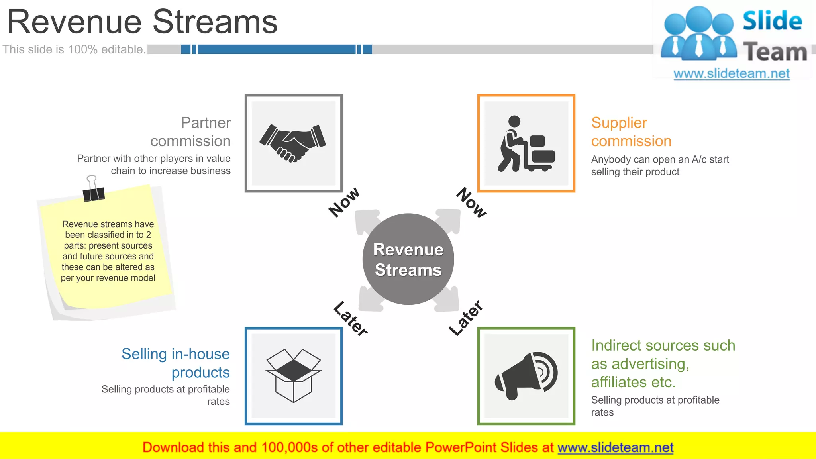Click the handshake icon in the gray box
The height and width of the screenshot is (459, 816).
293,143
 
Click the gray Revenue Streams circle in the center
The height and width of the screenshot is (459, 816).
408,259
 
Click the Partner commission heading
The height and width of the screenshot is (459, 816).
190,131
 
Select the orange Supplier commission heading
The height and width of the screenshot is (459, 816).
631,131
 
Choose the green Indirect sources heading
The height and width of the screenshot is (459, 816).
663,363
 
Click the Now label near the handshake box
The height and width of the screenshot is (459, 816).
344,202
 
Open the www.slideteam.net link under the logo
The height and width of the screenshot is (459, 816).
731,73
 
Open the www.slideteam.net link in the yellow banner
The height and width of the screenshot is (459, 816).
615,447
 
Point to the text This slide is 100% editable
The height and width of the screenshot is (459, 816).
74,49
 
